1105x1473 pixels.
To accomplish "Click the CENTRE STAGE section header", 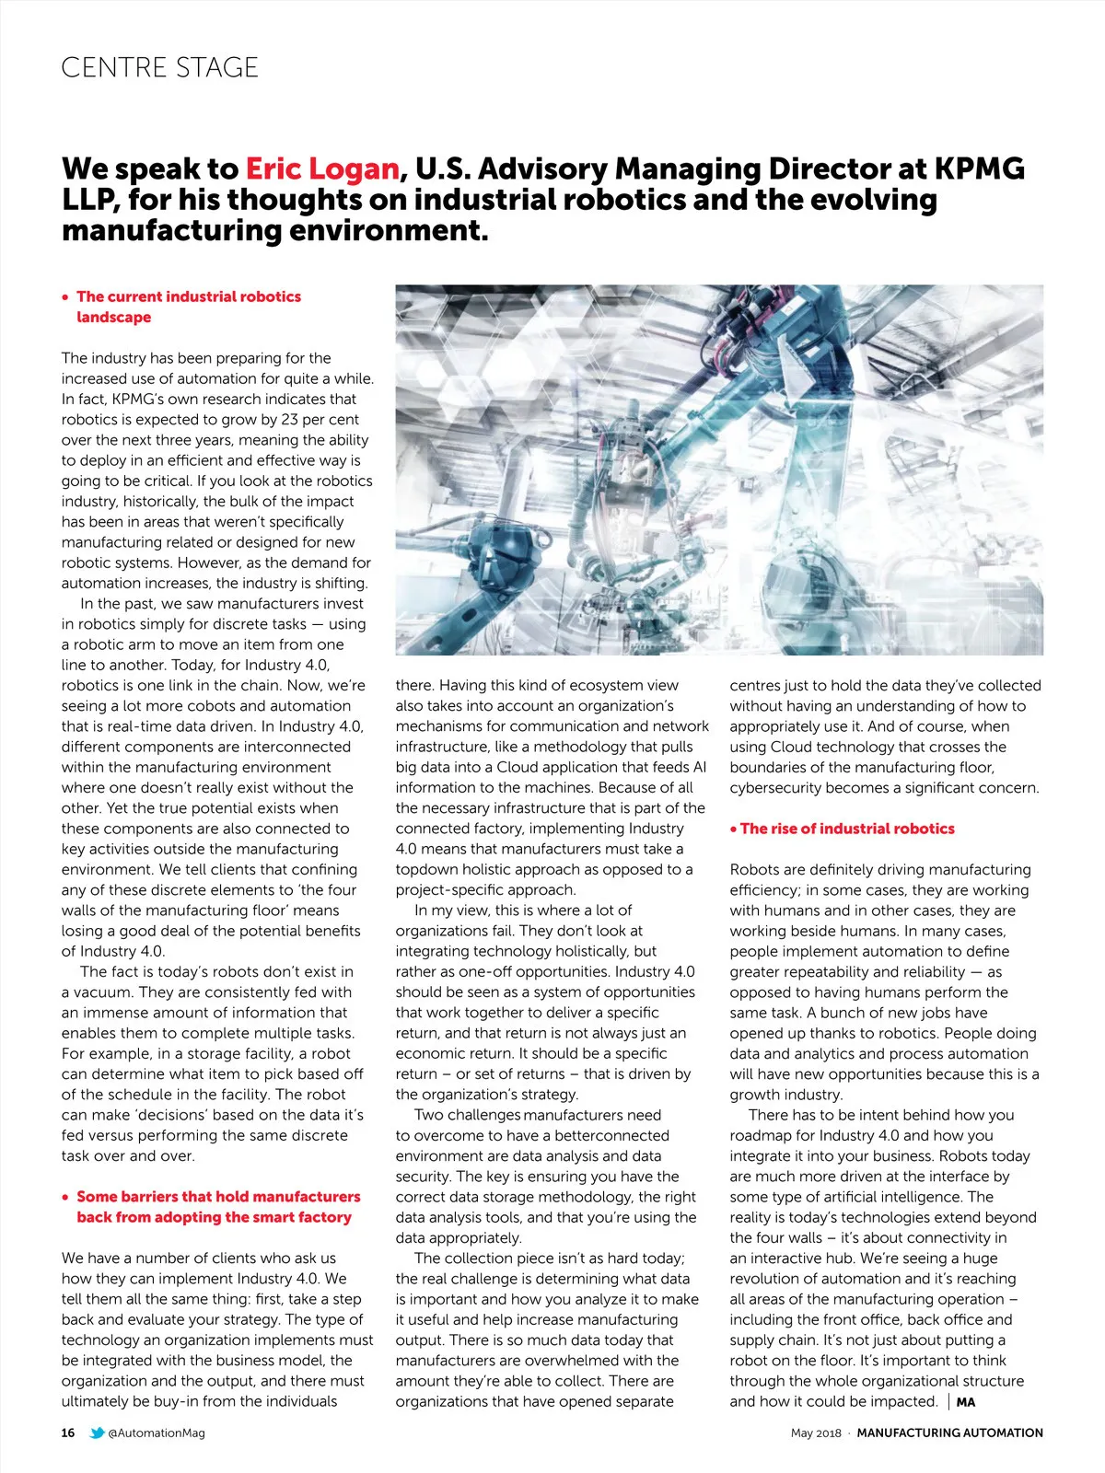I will [x=159, y=67].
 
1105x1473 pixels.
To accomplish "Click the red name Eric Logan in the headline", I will [x=321, y=169].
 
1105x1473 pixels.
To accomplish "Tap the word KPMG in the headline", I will [x=979, y=169].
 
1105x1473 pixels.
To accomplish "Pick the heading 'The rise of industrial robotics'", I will [x=847, y=829].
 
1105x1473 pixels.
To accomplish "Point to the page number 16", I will [x=68, y=1432].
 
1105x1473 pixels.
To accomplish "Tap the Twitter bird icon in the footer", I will [x=97, y=1432].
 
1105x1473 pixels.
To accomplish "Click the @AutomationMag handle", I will [x=157, y=1432].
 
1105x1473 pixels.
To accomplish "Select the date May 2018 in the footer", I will [x=816, y=1432].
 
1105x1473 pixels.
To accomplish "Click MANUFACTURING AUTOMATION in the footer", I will [x=949, y=1432].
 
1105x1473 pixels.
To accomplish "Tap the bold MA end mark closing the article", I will [x=966, y=1402].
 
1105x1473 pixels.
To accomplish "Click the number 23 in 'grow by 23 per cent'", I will [x=290, y=420].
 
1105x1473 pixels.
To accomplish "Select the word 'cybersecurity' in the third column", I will [x=777, y=788].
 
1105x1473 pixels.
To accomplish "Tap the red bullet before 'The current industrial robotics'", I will [x=65, y=297].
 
